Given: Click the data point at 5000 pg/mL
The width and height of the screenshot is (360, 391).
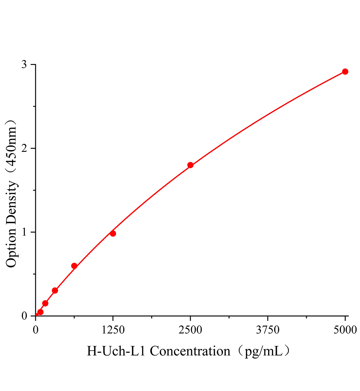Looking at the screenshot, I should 345,72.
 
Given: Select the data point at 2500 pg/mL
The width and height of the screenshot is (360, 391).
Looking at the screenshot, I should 190,165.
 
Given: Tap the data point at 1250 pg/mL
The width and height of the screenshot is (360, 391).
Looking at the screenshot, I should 113,233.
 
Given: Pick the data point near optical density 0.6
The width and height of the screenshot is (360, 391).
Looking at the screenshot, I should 74,266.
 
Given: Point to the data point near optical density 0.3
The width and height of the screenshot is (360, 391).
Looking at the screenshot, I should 55,290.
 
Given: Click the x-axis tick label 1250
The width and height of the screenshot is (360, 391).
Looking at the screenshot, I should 113,330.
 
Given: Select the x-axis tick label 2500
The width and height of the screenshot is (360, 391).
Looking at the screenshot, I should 190,330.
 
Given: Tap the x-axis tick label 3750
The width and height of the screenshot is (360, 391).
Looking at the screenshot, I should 268,330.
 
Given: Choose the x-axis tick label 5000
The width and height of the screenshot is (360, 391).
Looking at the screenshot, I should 345,330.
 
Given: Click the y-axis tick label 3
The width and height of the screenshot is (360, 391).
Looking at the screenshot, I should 24,65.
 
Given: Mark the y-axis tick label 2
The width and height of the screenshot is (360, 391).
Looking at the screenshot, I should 24,149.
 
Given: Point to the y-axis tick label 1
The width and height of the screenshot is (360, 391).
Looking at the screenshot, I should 24,232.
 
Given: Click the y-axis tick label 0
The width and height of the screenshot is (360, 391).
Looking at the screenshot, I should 24,316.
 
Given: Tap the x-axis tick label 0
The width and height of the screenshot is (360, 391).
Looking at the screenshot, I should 36,330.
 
